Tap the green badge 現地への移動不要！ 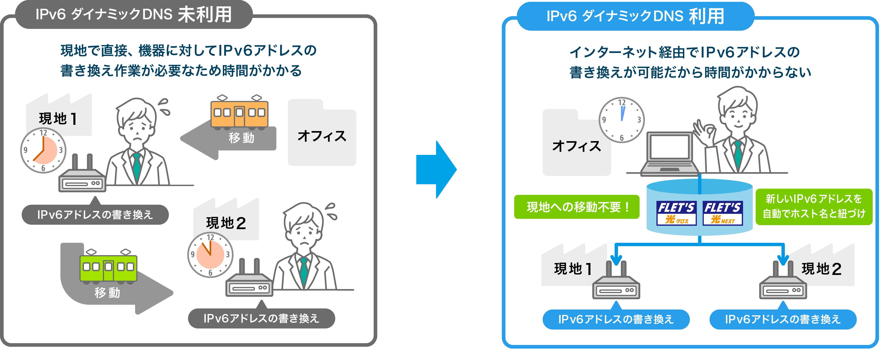click(x=577, y=207)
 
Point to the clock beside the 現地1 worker click(x=43, y=150)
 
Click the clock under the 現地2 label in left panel click(x=210, y=255)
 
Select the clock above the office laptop click(x=621, y=120)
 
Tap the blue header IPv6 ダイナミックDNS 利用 click(x=635, y=16)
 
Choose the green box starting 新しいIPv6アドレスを click(x=814, y=206)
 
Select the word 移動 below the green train click(x=107, y=293)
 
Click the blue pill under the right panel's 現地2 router click(x=783, y=319)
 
